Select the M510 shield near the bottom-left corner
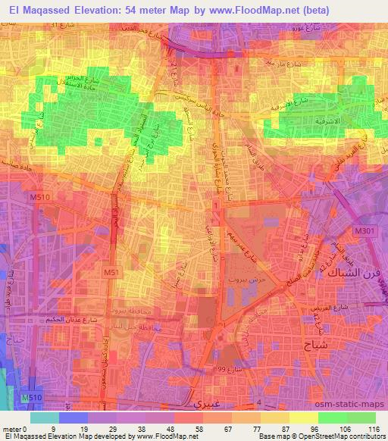tap(30, 397)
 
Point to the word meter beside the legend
tap(11, 430)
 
